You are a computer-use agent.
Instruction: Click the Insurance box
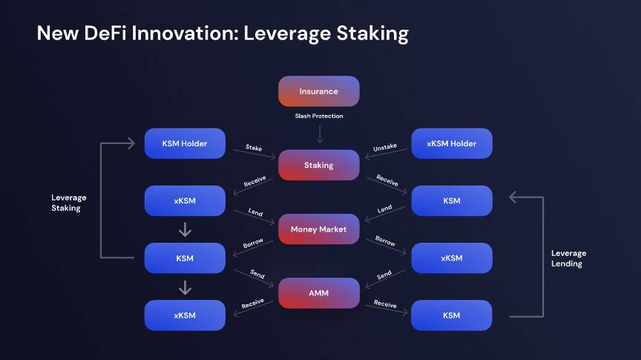(x=318, y=91)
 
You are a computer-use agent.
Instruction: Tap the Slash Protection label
(x=318, y=116)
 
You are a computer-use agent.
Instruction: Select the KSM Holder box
(x=185, y=143)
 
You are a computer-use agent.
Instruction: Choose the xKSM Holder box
(x=451, y=143)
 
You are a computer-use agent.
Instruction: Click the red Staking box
(x=318, y=165)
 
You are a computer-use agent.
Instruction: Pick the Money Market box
(x=318, y=229)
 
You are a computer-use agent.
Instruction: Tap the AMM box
(x=318, y=293)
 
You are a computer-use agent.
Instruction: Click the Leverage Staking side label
(x=69, y=203)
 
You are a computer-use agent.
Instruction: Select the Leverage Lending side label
(x=568, y=258)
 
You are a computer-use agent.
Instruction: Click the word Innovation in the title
(x=173, y=33)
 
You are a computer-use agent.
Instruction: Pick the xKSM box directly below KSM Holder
(x=185, y=200)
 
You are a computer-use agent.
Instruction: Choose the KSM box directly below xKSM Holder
(x=451, y=200)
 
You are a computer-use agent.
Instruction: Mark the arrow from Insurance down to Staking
(x=318, y=134)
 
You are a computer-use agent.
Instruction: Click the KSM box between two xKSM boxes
(x=185, y=258)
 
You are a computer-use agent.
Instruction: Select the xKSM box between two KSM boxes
(x=451, y=258)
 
